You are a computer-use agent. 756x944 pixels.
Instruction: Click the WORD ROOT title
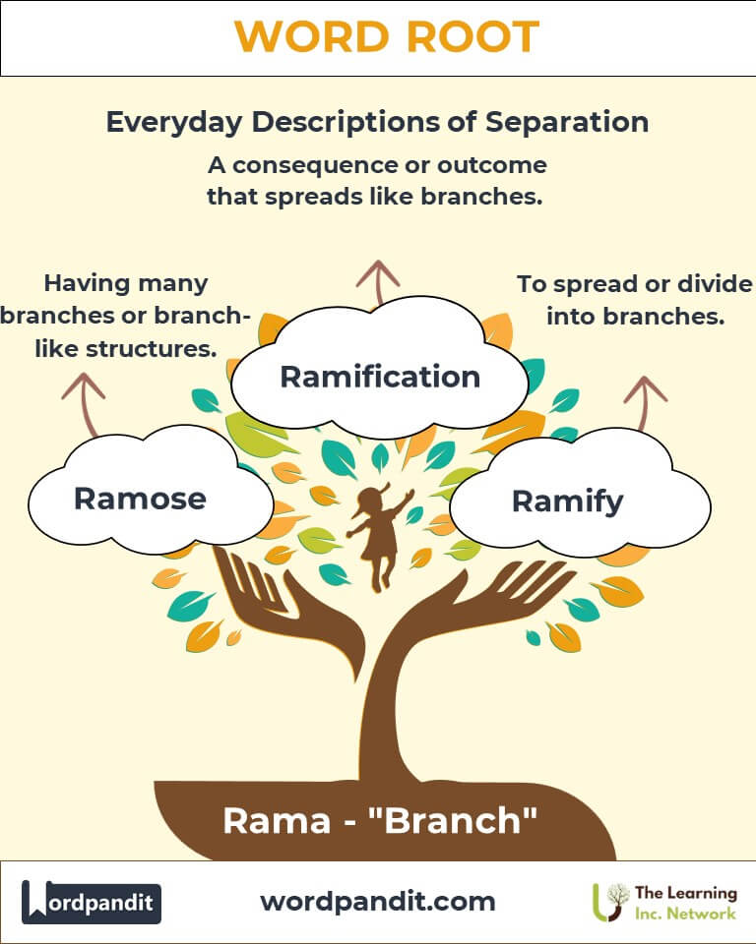coord(386,37)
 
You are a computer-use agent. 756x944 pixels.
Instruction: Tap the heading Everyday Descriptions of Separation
coord(377,122)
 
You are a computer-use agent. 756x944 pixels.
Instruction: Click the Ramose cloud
coord(140,498)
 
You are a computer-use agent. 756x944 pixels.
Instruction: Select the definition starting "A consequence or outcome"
coord(376,179)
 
